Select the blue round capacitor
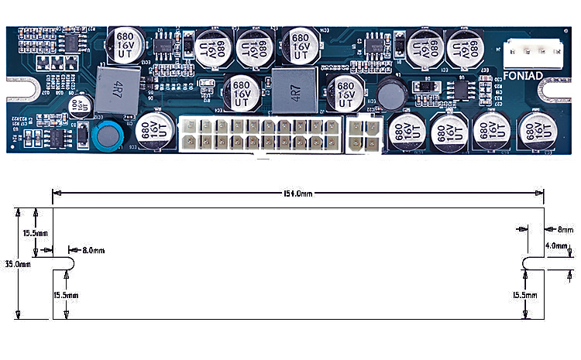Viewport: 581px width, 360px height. point(106,134)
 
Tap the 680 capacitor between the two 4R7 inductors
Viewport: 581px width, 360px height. point(241,93)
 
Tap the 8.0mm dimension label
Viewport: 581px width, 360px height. point(93,250)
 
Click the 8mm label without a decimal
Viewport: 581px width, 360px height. point(565,229)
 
